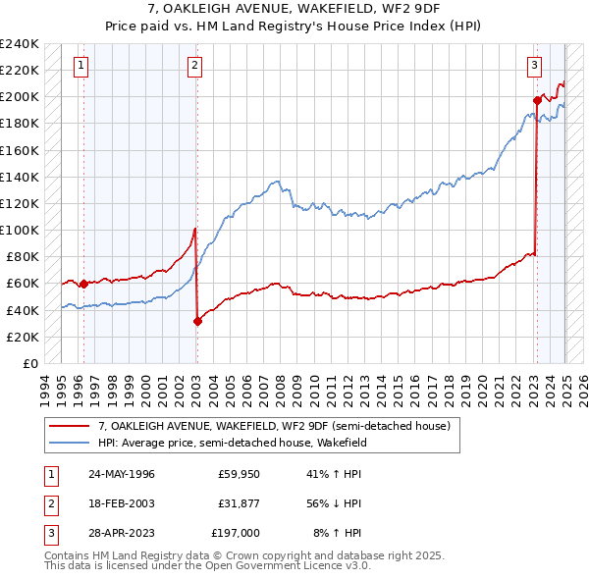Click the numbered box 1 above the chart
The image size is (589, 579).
coord(80,66)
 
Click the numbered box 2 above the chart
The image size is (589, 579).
coord(195,66)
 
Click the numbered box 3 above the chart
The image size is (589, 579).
coord(534,66)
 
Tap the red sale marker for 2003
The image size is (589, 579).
coord(197,320)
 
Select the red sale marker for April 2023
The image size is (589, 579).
coord(537,100)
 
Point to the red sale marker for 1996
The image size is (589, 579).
coord(83,284)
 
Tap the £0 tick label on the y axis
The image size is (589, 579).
coord(29,363)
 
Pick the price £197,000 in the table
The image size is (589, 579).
coord(236,533)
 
